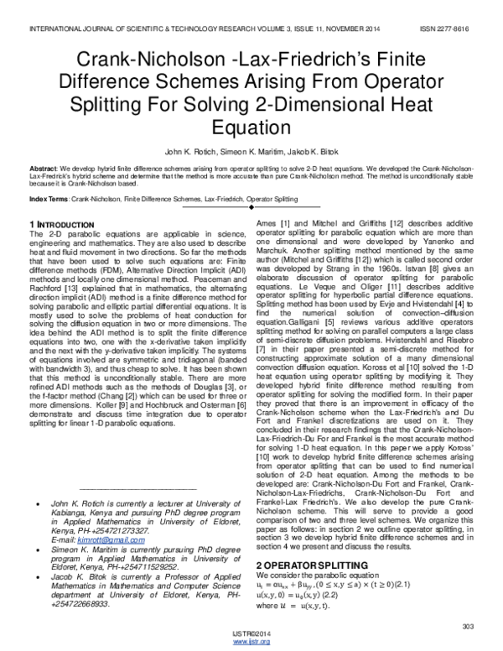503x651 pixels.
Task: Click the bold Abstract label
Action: click(43, 168)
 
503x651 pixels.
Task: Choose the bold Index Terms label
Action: click(49, 198)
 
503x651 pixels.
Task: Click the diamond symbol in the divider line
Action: click(252, 207)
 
